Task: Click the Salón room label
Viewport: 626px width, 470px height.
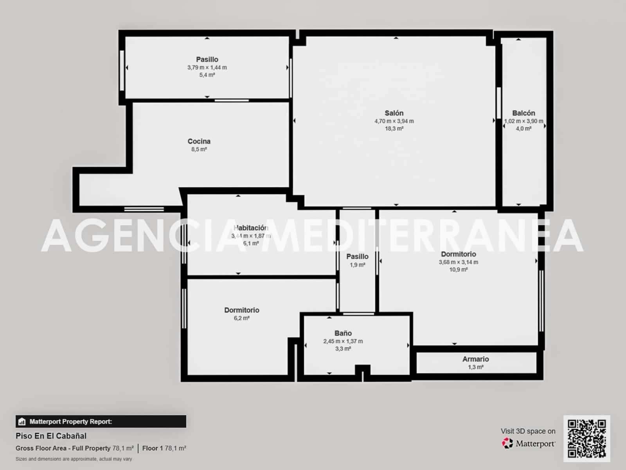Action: point(394,113)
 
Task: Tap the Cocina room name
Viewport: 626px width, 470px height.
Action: point(199,141)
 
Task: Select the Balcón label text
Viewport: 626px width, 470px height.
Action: point(523,113)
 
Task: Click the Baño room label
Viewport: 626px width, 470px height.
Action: point(343,333)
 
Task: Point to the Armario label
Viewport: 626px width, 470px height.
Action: point(475,359)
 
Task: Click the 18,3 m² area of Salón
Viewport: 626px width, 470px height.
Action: point(394,128)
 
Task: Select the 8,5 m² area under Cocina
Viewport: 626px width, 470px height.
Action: point(199,149)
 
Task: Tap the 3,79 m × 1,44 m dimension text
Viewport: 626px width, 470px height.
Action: point(207,67)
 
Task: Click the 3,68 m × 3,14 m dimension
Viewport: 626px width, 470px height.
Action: point(458,262)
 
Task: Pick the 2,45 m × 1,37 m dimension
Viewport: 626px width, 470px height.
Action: point(343,341)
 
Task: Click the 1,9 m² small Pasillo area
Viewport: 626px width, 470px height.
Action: point(357,265)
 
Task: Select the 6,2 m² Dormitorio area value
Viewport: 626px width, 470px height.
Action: point(241,318)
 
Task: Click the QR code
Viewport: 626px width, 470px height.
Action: point(586,439)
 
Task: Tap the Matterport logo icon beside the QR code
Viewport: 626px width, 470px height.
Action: point(507,443)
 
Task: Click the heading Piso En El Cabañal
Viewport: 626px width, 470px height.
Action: point(51,436)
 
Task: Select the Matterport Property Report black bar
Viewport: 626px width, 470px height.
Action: point(101,421)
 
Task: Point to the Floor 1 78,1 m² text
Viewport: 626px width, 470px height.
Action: point(164,448)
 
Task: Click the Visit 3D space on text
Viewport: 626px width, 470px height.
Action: point(528,431)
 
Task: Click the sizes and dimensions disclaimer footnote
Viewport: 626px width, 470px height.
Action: point(74,459)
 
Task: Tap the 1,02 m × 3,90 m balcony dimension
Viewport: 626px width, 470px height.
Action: point(523,121)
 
